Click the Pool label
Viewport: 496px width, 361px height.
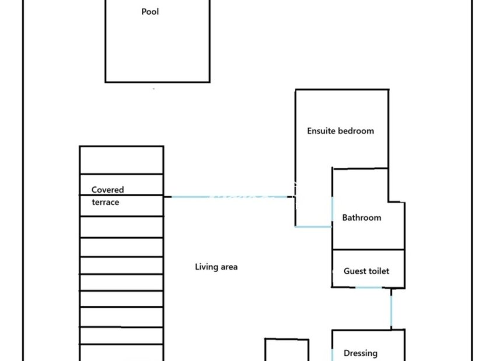150,12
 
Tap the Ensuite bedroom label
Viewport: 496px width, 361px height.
340,131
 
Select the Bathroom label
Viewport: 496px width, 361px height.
361,218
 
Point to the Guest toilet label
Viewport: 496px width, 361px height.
366,271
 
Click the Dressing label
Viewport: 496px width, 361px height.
360,353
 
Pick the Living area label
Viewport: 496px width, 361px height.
216,267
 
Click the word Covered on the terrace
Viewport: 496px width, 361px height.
107,190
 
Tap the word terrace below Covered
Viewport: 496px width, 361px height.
105,203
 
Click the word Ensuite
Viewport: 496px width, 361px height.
322,131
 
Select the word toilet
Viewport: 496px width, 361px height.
378,271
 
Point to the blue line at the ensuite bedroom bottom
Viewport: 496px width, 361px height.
313,226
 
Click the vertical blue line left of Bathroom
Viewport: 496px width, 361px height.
333,210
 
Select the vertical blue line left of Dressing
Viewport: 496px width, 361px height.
333,353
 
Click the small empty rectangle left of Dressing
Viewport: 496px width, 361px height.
287,350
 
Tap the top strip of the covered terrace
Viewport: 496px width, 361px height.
121,160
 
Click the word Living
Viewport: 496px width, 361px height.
205,267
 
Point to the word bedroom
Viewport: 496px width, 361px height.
357,131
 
